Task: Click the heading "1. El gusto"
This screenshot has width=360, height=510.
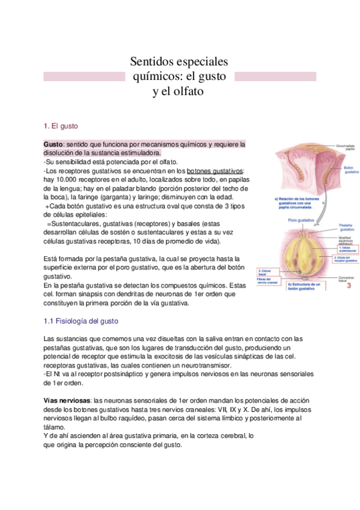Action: click(x=61, y=126)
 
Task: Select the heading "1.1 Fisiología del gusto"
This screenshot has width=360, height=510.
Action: click(x=85, y=322)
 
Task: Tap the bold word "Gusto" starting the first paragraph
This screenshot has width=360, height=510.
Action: click(x=53, y=145)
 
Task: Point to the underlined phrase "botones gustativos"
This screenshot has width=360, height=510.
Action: click(x=215, y=171)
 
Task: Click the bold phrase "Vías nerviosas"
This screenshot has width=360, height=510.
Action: click(x=67, y=400)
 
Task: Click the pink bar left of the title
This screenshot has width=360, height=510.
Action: click(x=85, y=77)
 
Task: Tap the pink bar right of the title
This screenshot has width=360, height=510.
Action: click(x=275, y=77)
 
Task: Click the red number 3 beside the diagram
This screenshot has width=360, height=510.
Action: click(x=349, y=286)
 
